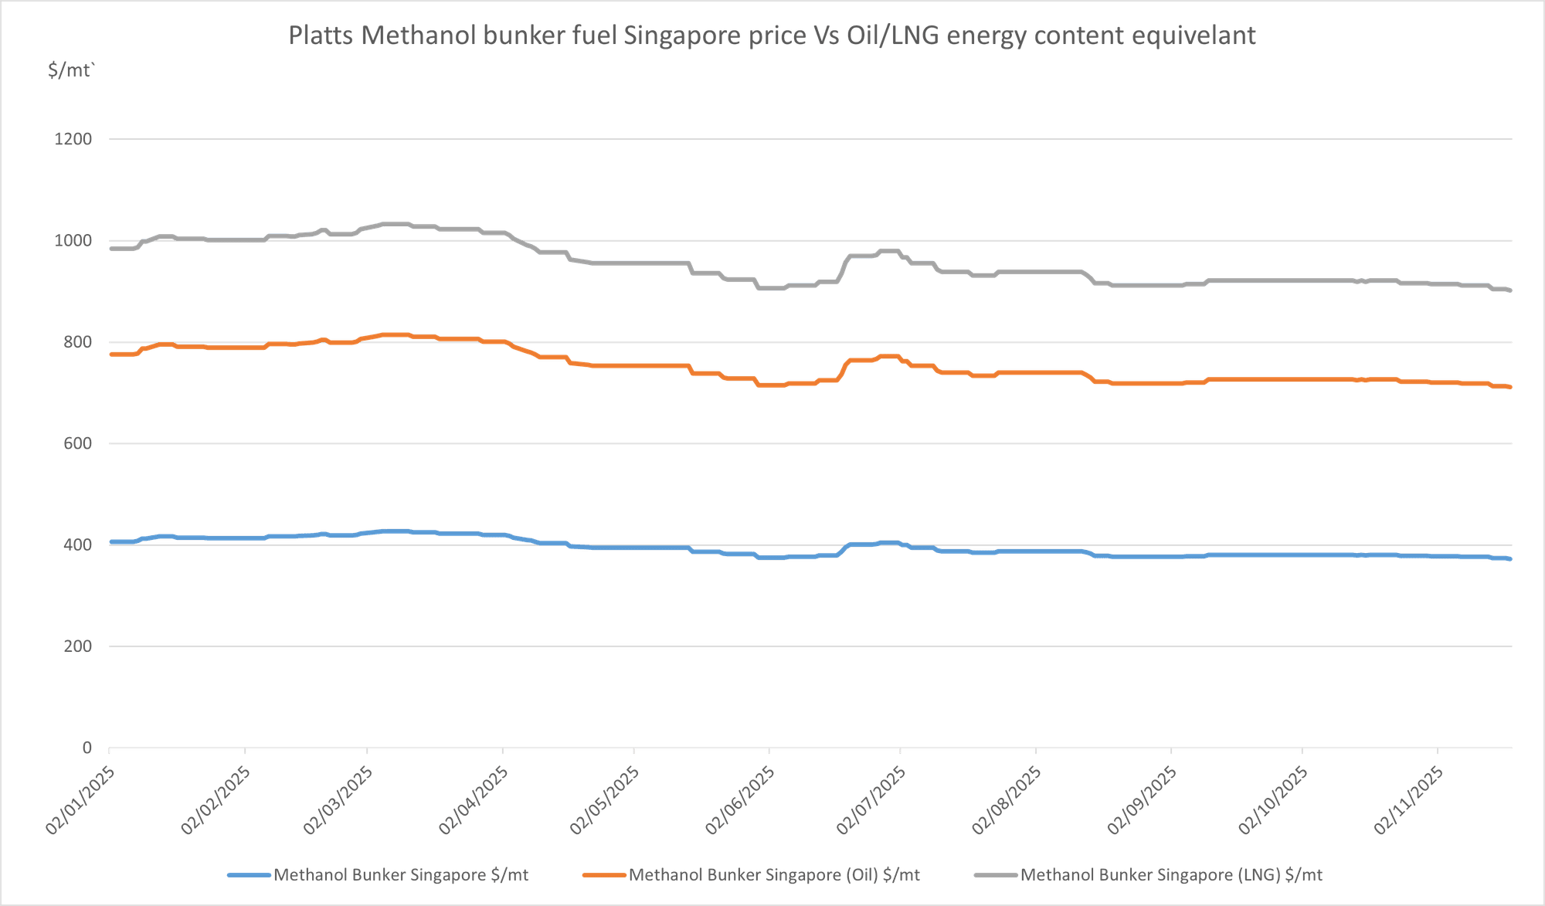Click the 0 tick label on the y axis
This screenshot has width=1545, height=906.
[87, 748]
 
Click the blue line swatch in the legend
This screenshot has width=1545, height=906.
[249, 875]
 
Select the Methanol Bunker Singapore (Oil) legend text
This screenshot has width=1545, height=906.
[774, 875]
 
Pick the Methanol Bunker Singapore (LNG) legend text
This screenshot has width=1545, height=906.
[1171, 875]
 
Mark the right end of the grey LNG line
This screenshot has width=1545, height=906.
[1510, 290]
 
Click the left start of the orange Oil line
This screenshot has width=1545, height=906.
[110, 354]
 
